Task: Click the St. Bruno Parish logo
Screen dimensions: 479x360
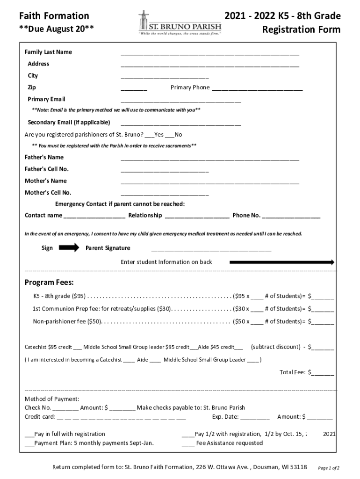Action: (x=180, y=23)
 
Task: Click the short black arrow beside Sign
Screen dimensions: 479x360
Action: (x=69, y=248)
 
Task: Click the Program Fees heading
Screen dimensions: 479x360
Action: (x=49, y=283)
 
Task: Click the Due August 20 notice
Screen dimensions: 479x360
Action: (x=56, y=29)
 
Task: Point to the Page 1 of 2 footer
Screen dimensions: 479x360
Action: (x=328, y=468)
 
